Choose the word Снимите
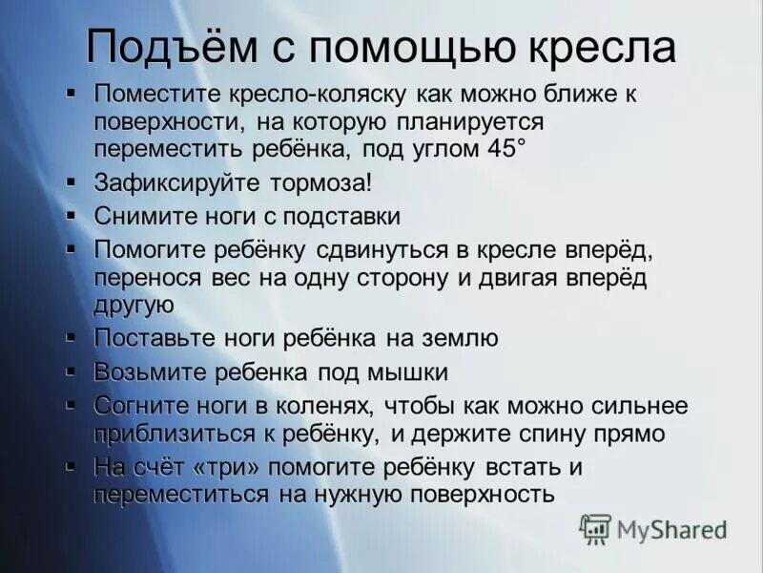[x=139, y=216]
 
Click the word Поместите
[x=155, y=95]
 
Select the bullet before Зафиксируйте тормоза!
[x=72, y=180]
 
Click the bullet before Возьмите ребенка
[x=72, y=368]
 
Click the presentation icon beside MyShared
[x=596, y=528]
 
